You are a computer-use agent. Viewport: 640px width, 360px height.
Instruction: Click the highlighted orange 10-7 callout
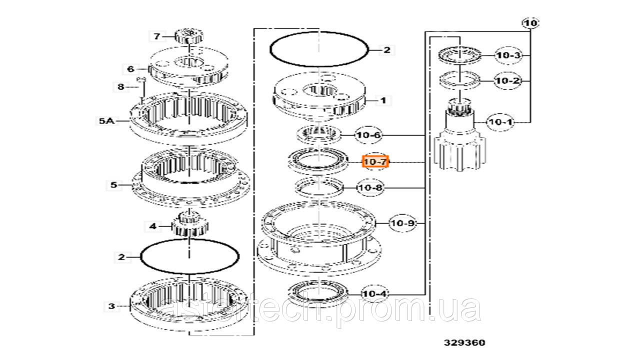point(375,161)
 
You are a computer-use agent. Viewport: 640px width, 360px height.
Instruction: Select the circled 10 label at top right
point(531,23)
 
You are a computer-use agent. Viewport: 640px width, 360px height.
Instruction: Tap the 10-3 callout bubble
point(508,55)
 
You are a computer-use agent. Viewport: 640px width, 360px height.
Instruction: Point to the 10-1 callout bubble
point(500,122)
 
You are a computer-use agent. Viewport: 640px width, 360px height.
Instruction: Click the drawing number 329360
point(464,342)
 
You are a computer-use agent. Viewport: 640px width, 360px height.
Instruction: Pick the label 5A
point(106,121)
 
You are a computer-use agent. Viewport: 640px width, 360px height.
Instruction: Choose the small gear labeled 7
point(189,36)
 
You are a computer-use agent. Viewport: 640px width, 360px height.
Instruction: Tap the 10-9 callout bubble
point(403,223)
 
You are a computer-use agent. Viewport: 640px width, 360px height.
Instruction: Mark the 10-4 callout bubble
point(375,293)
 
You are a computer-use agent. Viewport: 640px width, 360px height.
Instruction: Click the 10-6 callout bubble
point(368,135)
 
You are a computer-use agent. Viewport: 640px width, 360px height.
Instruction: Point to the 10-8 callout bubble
point(370,187)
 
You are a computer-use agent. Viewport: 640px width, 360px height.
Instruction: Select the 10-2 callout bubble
point(507,81)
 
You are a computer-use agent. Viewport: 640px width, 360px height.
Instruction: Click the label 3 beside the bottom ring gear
point(111,306)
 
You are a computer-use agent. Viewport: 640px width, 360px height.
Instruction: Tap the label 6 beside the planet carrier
point(130,69)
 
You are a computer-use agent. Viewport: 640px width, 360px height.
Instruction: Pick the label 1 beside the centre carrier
point(383,100)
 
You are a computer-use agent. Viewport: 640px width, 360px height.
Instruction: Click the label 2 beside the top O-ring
point(386,50)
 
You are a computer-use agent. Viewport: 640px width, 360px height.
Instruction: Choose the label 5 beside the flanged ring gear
point(113,185)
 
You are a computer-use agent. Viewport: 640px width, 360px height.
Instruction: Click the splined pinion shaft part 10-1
point(459,134)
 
